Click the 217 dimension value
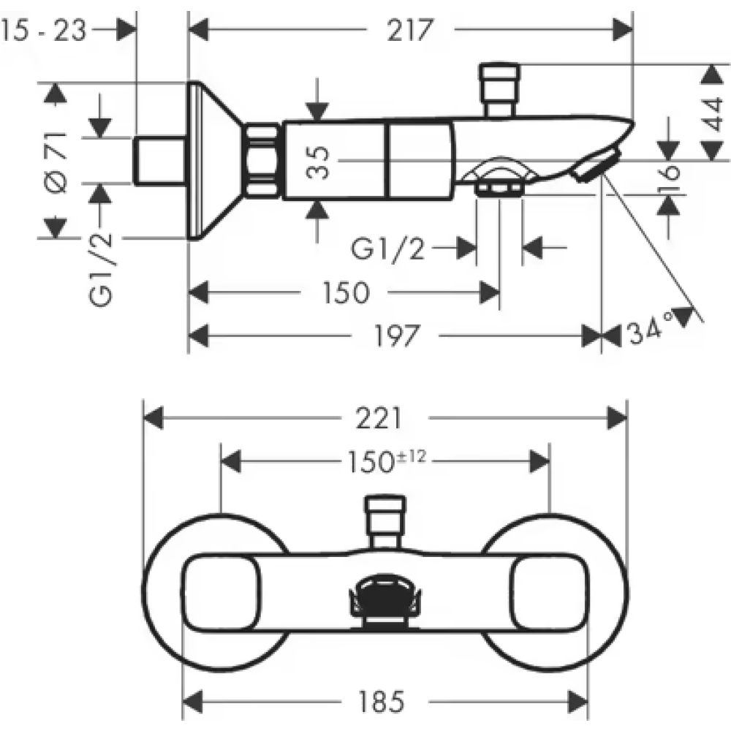click(x=409, y=30)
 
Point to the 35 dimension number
click(x=319, y=162)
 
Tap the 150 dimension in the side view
click(x=345, y=293)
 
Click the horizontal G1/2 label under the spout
click(x=388, y=249)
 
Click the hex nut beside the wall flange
click(x=262, y=160)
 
